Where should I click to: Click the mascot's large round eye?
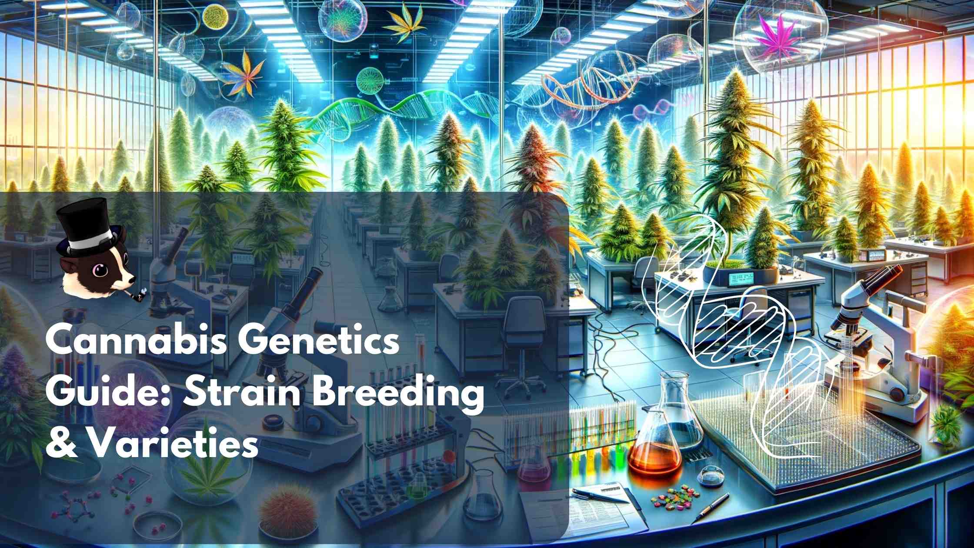(x=101, y=270)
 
